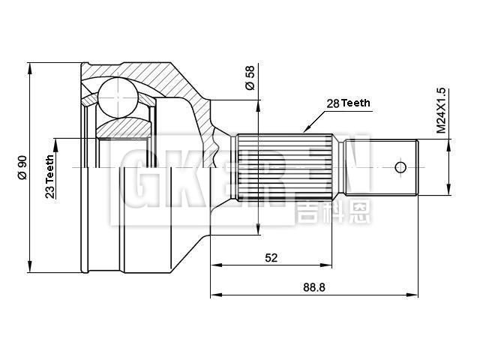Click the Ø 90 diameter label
[22, 167]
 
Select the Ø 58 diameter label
[250, 78]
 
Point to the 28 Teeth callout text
[347, 103]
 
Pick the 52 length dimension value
[271, 257]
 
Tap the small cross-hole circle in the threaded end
[400, 166]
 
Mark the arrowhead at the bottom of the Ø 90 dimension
[30, 268]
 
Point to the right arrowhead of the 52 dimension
[328, 265]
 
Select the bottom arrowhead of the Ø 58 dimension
[257, 230]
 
